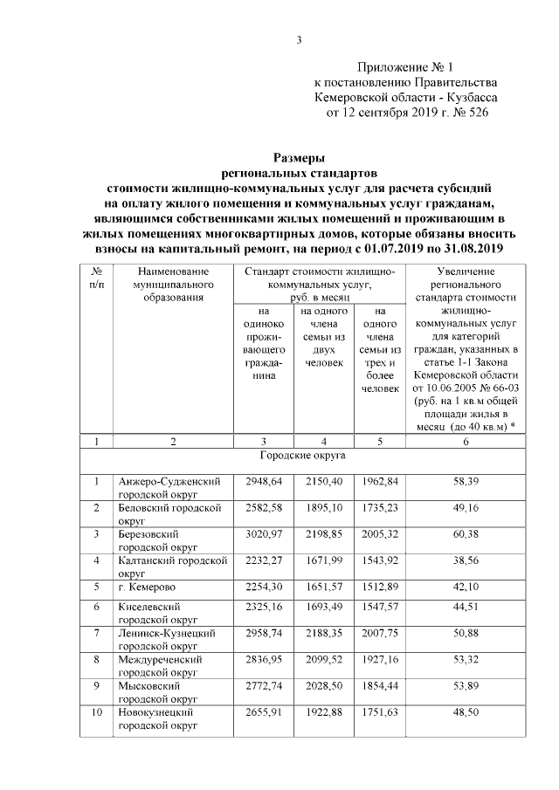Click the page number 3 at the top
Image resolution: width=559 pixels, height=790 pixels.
pos(299,39)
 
